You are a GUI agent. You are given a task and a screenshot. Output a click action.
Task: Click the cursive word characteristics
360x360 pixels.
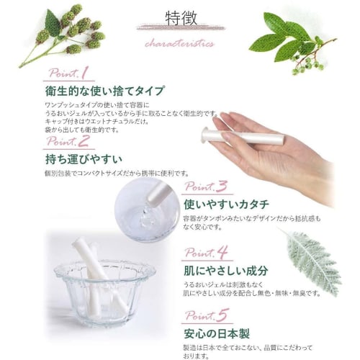tap(179, 43)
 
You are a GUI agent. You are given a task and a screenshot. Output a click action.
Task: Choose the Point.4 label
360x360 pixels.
tap(207, 252)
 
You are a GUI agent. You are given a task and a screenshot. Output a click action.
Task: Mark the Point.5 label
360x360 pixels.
tap(207, 315)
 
